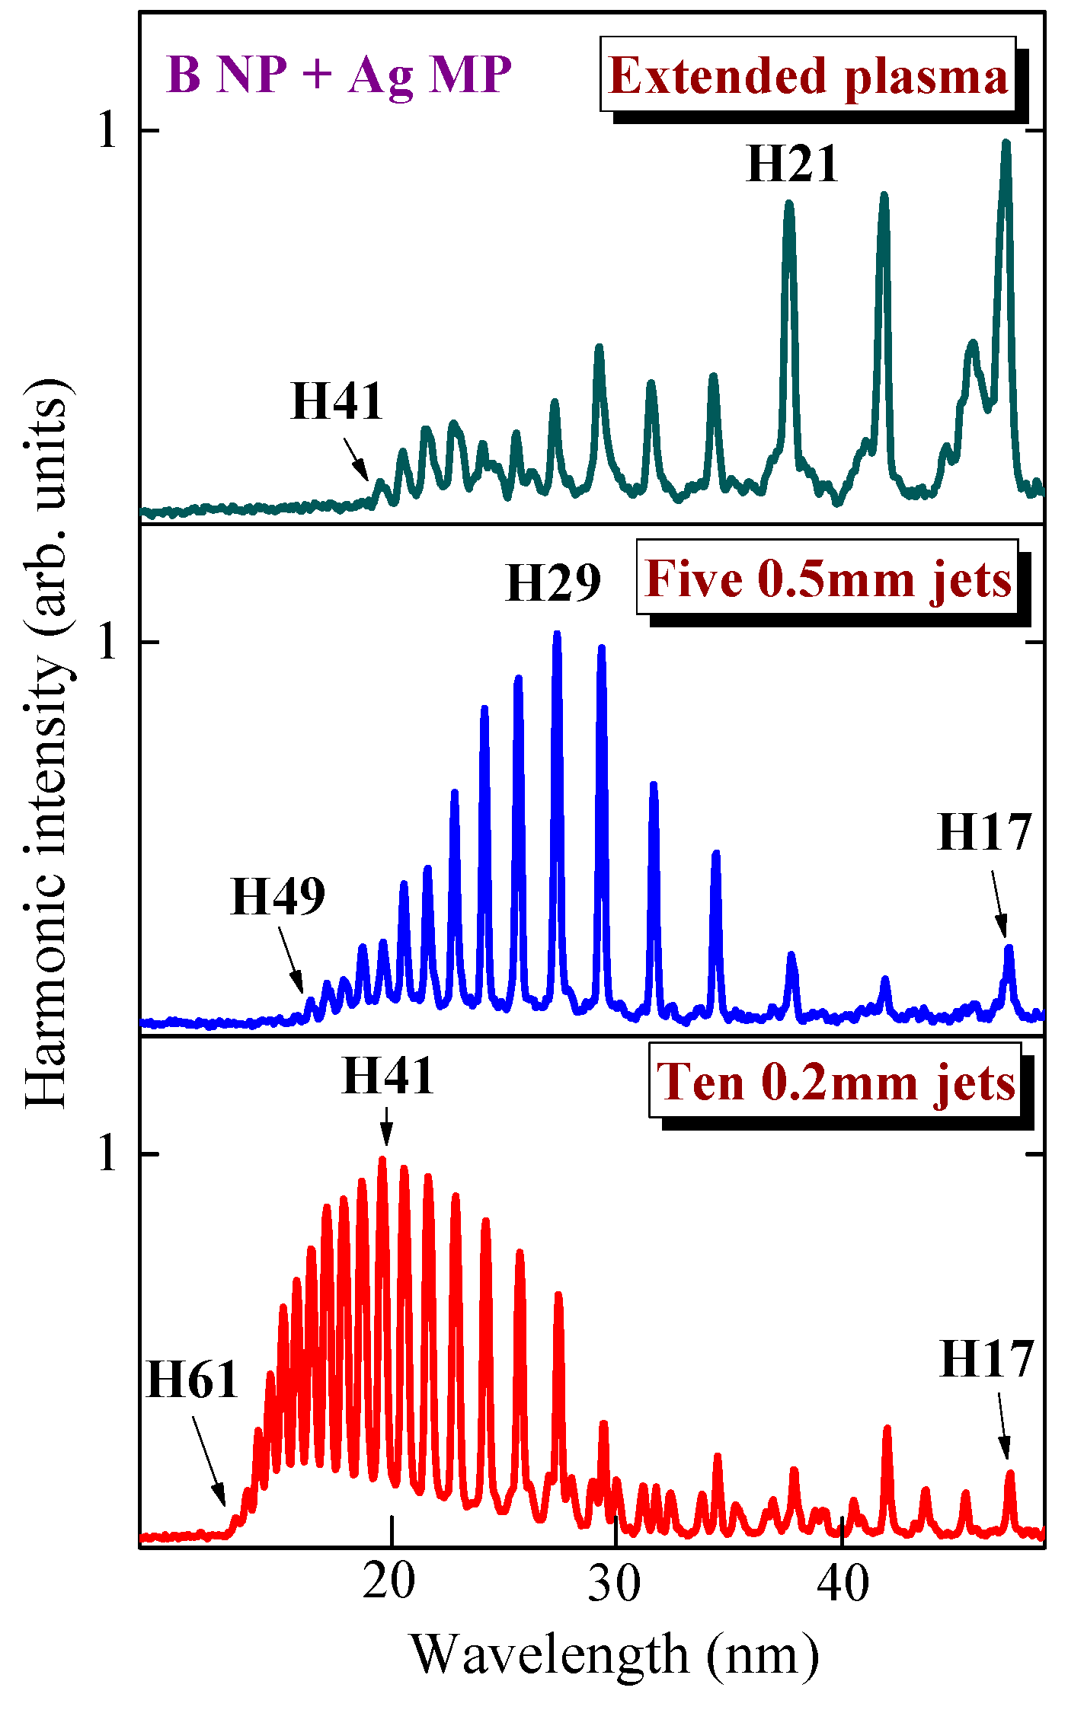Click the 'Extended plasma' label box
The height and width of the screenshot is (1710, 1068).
click(x=808, y=75)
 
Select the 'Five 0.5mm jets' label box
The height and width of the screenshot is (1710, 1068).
click(x=827, y=578)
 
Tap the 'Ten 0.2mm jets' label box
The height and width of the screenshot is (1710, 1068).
click(x=835, y=1082)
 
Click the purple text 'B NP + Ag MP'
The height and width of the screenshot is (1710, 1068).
click(x=338, y=75)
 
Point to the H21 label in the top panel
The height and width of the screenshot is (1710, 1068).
click(x=793, y=164)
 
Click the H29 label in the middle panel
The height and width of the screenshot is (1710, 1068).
click(x=553, y=583)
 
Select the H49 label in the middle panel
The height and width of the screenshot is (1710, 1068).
click(x=278, y=896)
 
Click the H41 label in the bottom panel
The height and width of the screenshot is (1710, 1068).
click(x=388, y=1076)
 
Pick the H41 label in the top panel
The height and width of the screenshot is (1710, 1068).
click(x=337, y=401)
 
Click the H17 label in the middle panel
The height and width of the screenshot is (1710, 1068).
click(x=984, y=831)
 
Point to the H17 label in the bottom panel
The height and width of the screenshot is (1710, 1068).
click(x=986, y=1357)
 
